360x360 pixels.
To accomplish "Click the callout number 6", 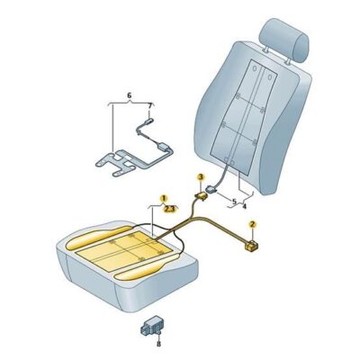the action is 130,95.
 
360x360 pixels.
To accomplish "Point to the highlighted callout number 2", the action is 253,224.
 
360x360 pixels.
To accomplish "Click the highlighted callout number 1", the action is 163,198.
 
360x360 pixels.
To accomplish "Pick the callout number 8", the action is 158,344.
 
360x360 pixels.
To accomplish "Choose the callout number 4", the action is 245,206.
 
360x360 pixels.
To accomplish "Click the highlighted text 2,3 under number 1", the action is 170,209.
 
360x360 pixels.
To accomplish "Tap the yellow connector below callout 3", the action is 201,196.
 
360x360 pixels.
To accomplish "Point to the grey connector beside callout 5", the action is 212,190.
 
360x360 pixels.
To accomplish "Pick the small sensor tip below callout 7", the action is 148,121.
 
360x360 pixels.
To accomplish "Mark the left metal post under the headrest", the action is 266,49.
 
